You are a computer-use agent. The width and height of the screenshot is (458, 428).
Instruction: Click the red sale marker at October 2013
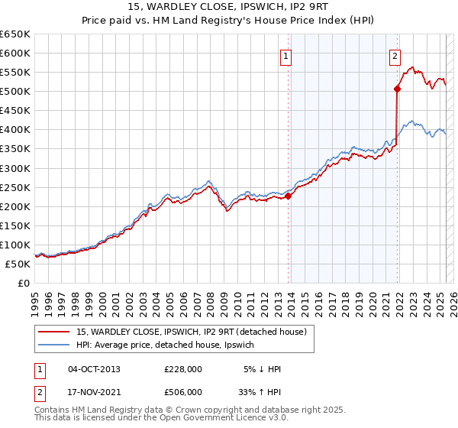289,196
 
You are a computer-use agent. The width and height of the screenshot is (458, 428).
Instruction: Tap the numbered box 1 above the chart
285,56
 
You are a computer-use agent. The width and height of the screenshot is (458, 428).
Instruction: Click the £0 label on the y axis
24,283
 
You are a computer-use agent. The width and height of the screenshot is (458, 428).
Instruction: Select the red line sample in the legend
53,332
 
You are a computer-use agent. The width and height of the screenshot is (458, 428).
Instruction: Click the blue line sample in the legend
53,345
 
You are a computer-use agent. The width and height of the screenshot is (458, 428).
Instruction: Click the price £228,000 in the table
183,369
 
